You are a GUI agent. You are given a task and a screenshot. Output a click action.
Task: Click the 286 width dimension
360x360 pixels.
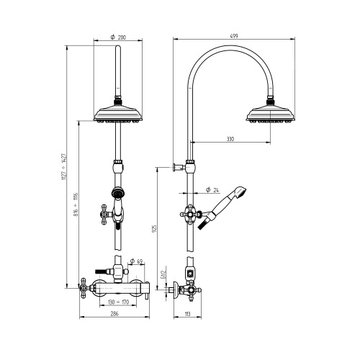coord(115,313)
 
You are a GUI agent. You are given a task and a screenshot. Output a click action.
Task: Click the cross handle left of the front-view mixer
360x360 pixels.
coord(85,288)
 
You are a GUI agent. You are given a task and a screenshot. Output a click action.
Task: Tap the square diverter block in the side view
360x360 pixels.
coord(189,274)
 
